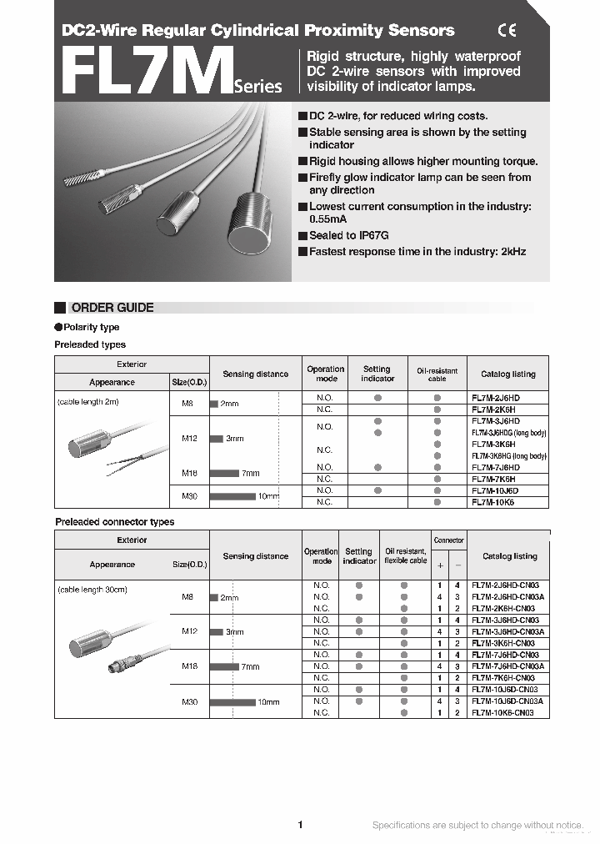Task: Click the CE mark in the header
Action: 507,31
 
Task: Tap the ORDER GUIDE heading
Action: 112,308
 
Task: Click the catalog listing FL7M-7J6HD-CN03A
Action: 507,666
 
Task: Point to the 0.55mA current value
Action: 327,220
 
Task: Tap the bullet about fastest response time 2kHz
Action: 417,252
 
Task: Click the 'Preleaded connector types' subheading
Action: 115,522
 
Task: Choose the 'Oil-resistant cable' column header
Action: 437,374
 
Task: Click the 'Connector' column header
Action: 448,540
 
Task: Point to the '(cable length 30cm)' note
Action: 92,590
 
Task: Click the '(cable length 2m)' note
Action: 88,402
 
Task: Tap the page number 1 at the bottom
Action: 300,825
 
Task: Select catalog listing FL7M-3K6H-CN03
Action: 503,644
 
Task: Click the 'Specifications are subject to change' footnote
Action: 477,826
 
